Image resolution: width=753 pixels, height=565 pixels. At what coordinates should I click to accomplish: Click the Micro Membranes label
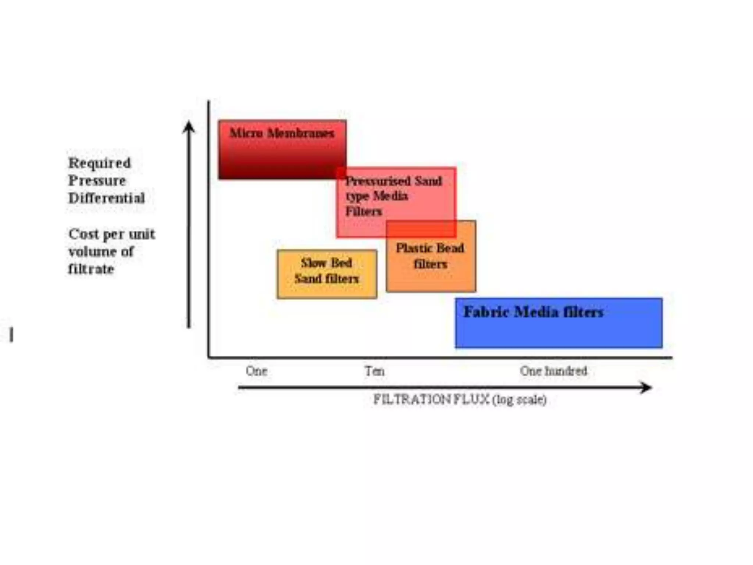click(x=282, y=133)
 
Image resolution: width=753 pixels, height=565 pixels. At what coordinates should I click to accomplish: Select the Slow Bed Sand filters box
click(x=327, y=274)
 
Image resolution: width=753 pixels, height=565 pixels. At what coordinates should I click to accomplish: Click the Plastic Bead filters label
click(x=430, y=256)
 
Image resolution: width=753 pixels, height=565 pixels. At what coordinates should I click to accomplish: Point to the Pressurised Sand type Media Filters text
click(x=393, y=196)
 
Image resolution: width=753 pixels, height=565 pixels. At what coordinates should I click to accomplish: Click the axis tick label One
click(x=256, y=371)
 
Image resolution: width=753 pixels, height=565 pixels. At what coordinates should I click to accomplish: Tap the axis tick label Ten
click(x=375, y=371)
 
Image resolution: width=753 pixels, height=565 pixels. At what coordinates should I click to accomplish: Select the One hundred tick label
click(x=553, y=371)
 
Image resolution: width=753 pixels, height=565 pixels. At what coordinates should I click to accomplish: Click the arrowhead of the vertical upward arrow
click(x=189, y=127)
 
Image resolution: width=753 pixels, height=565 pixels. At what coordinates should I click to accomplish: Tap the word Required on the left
click(x=99, y=163)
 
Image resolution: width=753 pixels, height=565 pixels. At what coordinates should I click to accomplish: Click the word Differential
click(x=107, y=198)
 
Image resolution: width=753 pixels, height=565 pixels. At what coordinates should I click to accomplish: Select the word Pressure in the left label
click(x=97, y=181)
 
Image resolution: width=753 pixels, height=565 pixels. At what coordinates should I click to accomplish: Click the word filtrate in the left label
click(x=91, y=269)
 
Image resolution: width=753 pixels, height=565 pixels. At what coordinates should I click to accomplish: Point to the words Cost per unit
click(x=112, y=234)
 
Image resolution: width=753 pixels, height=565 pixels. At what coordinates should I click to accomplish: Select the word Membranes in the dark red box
click(x=300, y=133)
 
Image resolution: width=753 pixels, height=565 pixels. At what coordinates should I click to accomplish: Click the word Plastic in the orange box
click(x=412, y=248)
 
